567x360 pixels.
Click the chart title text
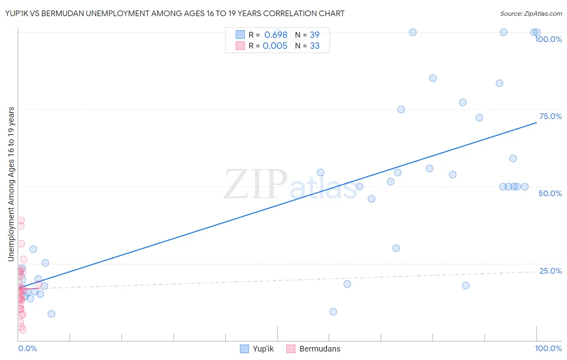click(x=175, y=13)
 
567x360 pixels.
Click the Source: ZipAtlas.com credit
click(x=531, y=13)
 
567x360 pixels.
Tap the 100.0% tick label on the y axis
click(x=548, y=39)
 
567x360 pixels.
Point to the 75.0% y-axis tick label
click(x=550, y=116)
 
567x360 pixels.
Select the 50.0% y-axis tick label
click(x=550, y=193)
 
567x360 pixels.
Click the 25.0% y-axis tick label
click(x=550, y=271)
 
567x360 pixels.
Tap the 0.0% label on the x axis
click(x=27, y=348)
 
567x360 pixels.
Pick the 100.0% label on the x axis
click(x=548, y=348)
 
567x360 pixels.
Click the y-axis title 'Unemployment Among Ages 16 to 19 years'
click(x=11, y=184)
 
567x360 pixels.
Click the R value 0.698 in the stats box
click(x=276, y=35)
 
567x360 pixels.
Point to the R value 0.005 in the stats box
click(x=275, y=46)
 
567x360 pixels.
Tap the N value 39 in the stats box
click(x=315, y=35)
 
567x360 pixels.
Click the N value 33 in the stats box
click(x=315, y=46)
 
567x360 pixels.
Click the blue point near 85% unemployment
click(x=433, y=78)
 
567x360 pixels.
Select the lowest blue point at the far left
click(x=51, y=314)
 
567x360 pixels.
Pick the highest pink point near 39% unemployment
click(x=21, y=220)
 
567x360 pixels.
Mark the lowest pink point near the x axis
click(x=23, y=330)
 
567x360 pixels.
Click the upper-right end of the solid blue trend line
click(x=536, y=122)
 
